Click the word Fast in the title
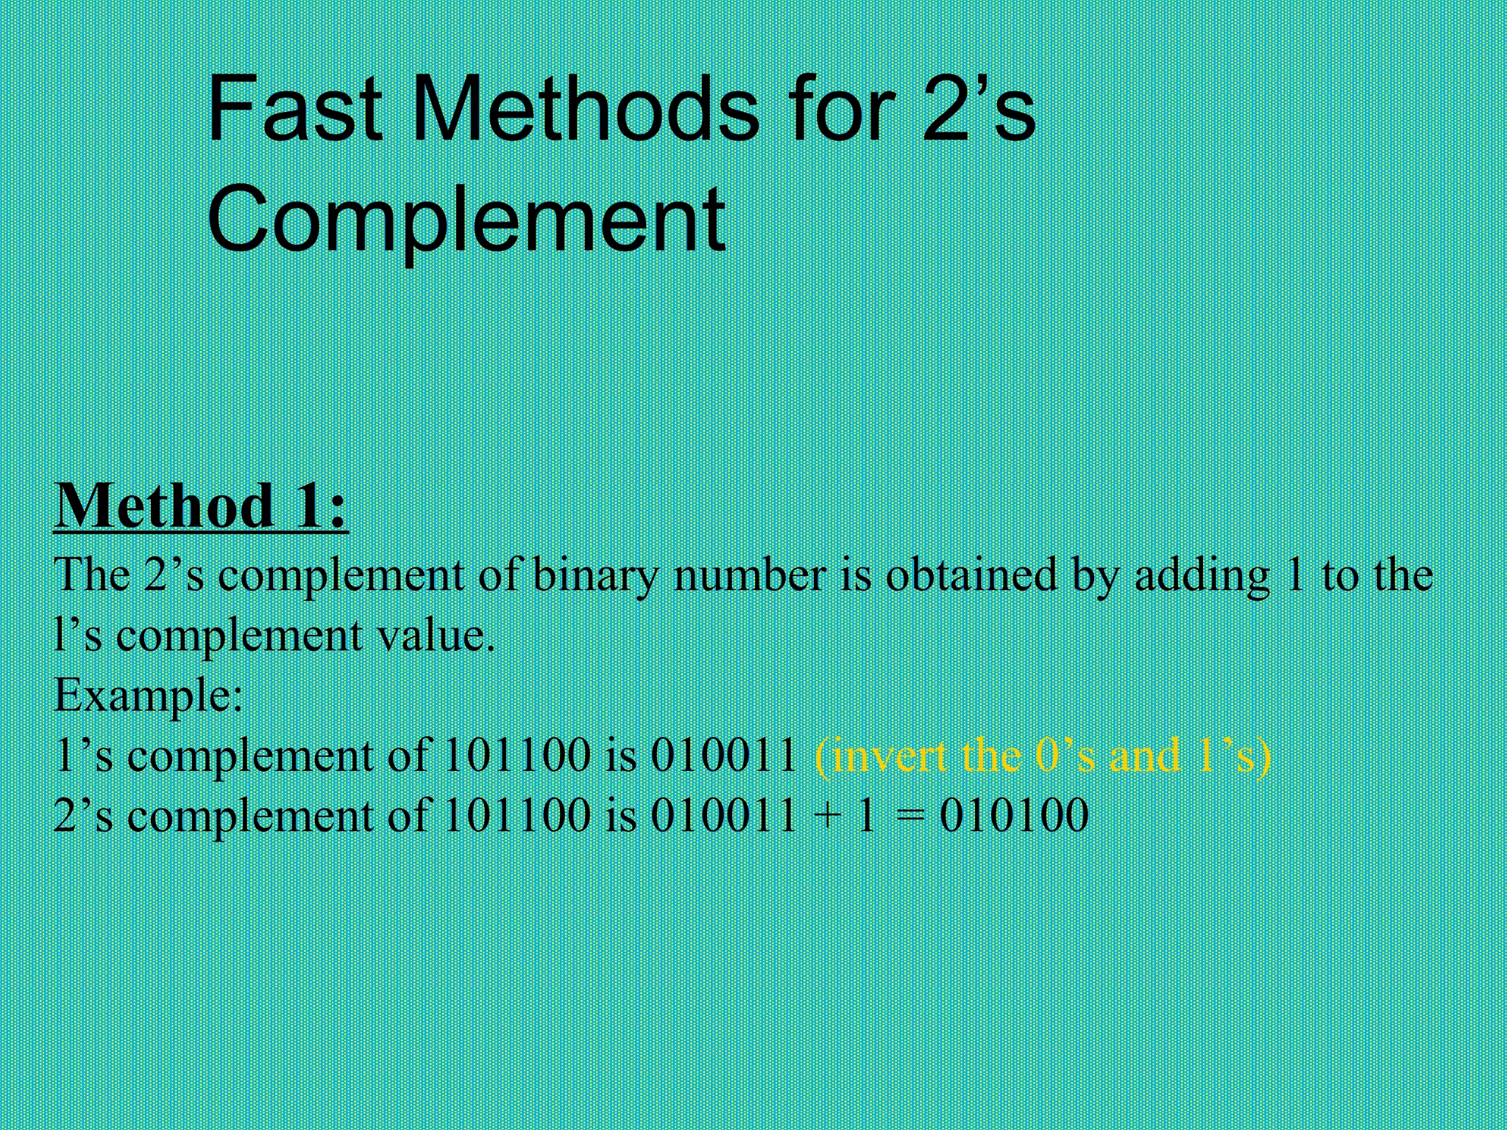tap(294, 110)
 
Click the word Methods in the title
tap(585, 110)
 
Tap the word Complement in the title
tap(467, 219)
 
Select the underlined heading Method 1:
tap(200, 507)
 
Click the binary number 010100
tap(1014, 815)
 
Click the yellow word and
tap(1143, 756)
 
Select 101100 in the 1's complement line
tap(517, 756)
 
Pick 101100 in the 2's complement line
tap(517, 815)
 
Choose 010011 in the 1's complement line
tap(723, 756)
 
